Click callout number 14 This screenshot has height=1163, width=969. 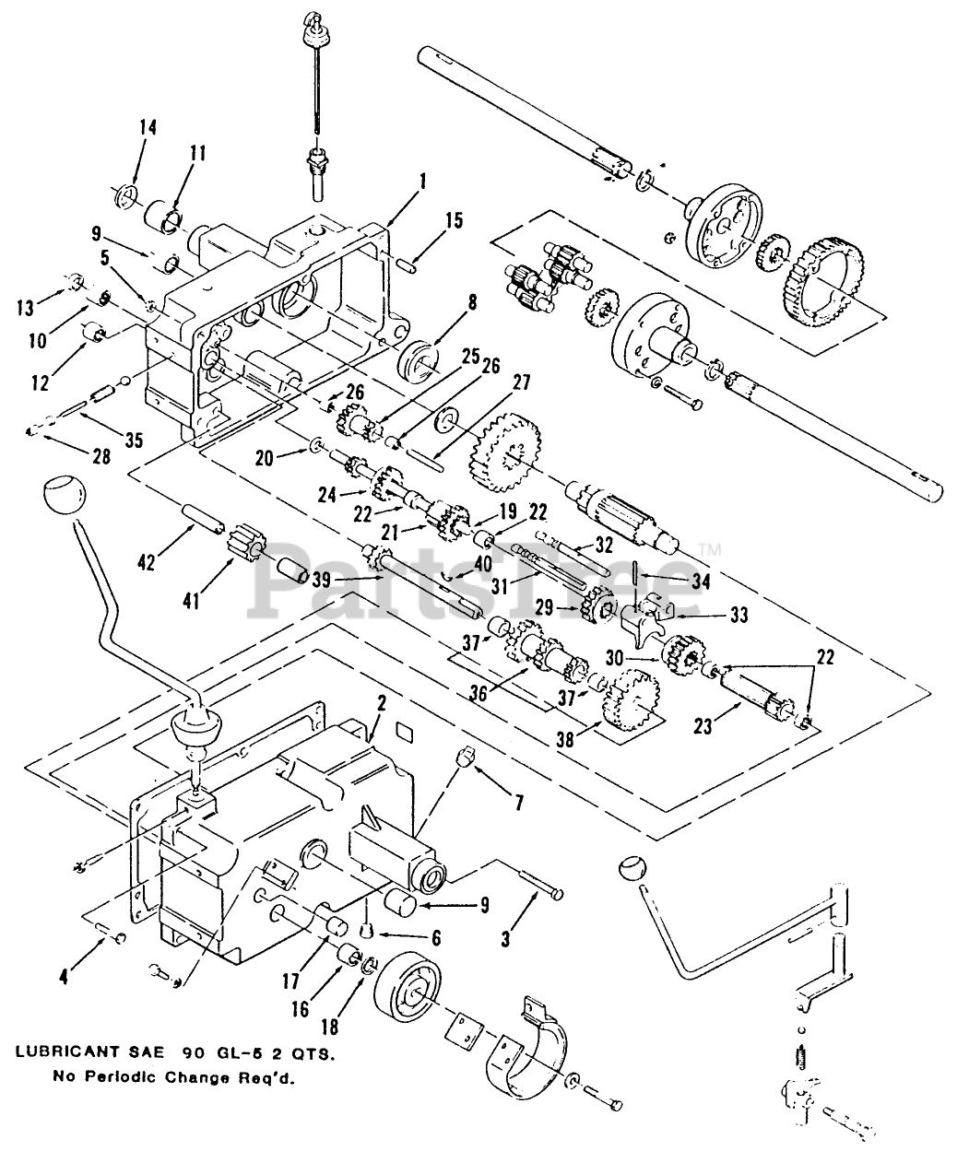click(148, 127)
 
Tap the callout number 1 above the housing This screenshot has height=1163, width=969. click(423, 181)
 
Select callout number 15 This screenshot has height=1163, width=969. click(454, 220)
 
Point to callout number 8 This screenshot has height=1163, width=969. click(473, 302)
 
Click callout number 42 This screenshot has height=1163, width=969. click(148, 563)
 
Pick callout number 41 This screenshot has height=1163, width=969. click(191, 601)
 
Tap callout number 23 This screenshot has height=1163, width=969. click(703, 726)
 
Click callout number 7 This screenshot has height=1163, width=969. click(519, 803)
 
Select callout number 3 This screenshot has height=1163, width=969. click(505, 940)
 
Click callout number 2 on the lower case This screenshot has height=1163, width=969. click(381, 704)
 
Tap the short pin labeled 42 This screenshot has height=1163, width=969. click(203, 517)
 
